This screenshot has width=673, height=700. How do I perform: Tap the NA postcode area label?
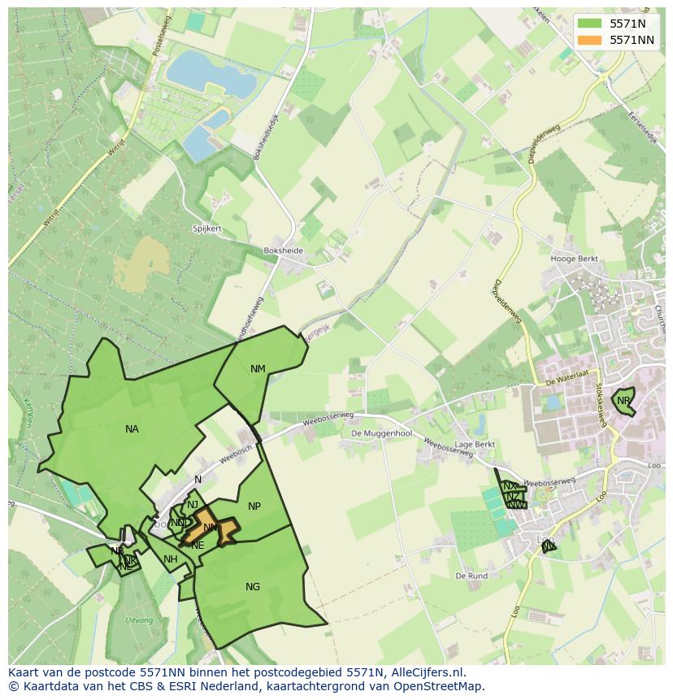click(x=132, y=429)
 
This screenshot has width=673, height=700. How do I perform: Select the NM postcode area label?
click(x=258, y=369)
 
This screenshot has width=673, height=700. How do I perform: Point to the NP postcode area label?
click(x=254, y=507)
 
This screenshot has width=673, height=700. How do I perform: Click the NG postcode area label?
click(x=253, y=587)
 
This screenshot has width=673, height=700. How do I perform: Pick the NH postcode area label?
click(x=170, y=559)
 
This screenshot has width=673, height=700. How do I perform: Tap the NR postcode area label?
click(x=623, y=401)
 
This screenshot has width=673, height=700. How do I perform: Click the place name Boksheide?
click(x=283, y=251)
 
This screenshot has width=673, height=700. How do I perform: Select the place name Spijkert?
click(x=207, y=229)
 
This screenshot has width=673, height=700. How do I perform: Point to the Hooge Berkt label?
click(x=574, y=259)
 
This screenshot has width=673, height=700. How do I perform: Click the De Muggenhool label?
click(x=381, y=434)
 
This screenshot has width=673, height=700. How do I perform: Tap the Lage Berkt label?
click(x=475, y=446)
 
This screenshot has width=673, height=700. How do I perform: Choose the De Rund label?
click(x=471, y=576)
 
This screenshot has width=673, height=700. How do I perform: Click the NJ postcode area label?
click(x=193, y=505)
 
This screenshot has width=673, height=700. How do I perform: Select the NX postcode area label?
click(x=510, y=486)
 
